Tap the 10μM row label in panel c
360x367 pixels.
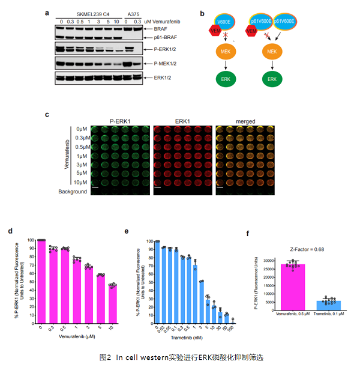[x=81, y=182]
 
